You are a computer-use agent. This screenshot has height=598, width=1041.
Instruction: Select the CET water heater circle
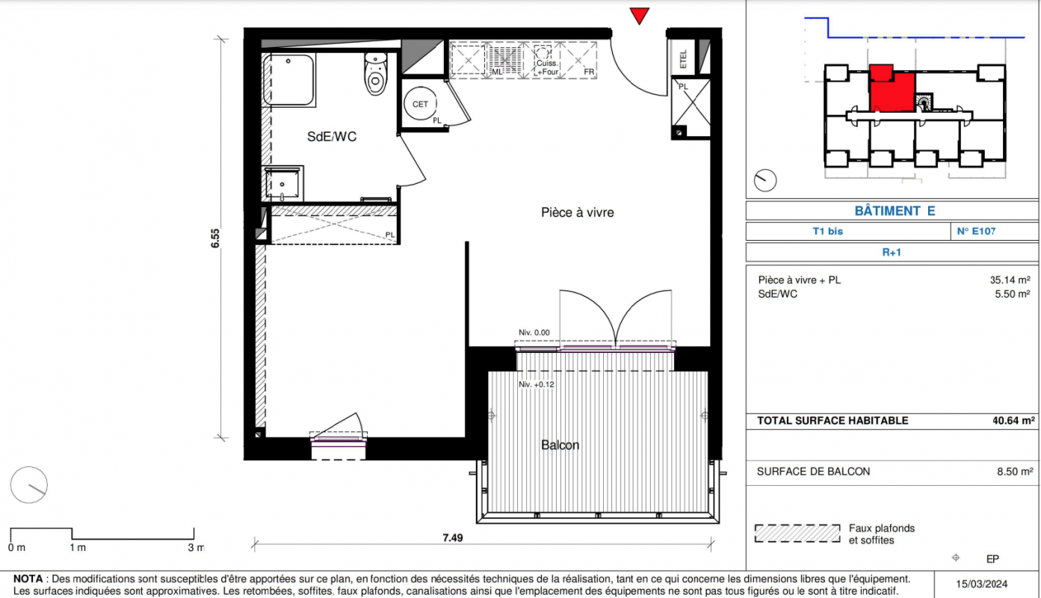[x=420, y=104]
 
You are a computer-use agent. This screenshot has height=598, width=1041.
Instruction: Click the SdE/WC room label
[x=332, y=137]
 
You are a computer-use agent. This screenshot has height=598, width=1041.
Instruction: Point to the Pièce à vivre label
[x=577, y=212]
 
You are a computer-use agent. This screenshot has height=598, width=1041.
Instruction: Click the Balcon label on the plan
[x=560, y=445]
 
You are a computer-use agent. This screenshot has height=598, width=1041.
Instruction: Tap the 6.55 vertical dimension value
[x=215, y=238]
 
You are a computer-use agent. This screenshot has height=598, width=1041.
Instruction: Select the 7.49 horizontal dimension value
[x=453, y=538]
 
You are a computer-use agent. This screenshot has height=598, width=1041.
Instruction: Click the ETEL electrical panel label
[x=683, y=59]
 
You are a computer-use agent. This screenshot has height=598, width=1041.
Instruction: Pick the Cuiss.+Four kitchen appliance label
[x=547, y=67]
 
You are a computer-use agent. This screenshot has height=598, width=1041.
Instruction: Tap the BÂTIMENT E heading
[x=895, y=211]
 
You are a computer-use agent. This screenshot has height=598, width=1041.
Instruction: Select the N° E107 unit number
[x=976, y=231]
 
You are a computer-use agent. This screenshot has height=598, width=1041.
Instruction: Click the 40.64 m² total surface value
[x=1013, y=421]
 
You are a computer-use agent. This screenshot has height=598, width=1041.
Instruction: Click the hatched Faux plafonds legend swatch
[x=797, y=534]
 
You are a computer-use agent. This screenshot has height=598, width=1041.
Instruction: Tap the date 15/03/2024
[x=981, y=584]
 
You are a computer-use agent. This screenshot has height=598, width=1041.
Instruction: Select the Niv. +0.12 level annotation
[x=537, y=384]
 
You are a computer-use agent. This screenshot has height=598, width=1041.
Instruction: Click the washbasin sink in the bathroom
[x=282, y=183]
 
